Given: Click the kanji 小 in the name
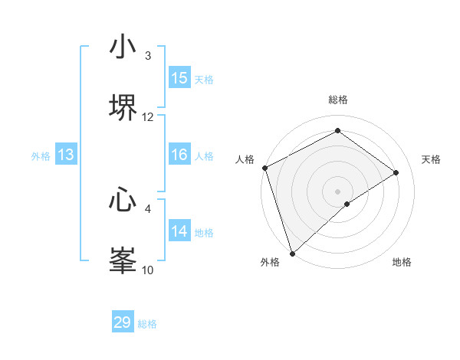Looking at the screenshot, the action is [123, 47].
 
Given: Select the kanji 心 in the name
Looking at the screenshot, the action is [123, 200].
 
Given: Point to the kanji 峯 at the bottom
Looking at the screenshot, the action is [123, 260].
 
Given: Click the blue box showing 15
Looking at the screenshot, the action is [179, 78].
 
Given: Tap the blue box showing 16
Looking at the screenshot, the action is [179, 155].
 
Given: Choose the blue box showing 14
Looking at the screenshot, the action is [179, 231].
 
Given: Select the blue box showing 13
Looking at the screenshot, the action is [66, 155].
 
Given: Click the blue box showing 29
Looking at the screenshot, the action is [123, 322].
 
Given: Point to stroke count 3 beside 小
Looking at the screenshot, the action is [148, 56].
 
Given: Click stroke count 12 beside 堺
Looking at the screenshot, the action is [148, 117].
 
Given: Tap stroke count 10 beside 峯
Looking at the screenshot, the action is [148, 270].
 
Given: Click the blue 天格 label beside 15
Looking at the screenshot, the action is [203, 79].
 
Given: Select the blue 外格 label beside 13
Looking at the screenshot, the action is [41, 156].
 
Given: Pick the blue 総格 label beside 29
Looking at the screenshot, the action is [147, 324].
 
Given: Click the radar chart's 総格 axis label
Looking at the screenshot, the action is [338, 100].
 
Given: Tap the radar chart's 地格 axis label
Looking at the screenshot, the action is [402, 263].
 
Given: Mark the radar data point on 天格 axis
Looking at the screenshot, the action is [396, 172].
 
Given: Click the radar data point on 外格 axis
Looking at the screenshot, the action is [292, 253].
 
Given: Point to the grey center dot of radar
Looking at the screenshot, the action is [338, 191].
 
